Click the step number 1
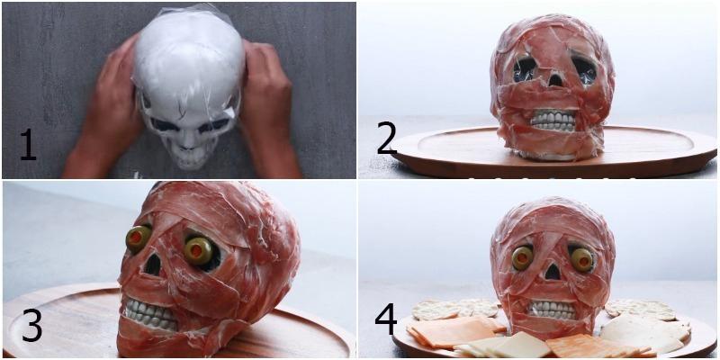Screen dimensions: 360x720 coord(28,145)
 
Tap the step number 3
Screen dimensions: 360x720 coord(31,326)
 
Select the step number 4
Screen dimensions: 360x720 coord(386,320)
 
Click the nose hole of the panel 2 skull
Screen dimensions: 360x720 coord(554,81)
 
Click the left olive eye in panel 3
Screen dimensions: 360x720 coord(139,238)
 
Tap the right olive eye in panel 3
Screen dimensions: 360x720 coord(198,251)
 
